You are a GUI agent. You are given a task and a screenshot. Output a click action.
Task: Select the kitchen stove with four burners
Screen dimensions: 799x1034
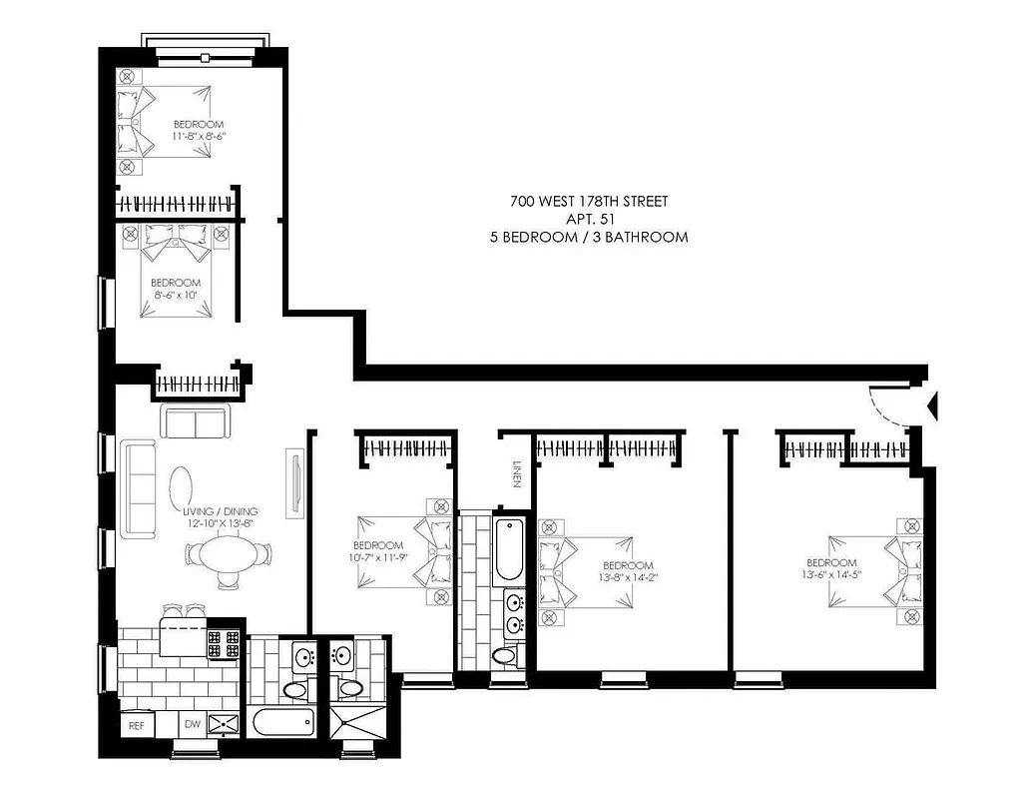point(224,643)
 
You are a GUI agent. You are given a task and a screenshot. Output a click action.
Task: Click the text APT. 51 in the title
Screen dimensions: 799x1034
point(588,219)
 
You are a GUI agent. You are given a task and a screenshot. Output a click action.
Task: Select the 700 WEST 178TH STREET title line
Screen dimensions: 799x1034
point(588,201)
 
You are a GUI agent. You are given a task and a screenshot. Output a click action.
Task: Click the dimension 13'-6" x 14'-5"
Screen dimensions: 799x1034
point(831,575)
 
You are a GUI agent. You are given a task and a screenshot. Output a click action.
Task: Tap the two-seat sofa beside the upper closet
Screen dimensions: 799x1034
point(195,422)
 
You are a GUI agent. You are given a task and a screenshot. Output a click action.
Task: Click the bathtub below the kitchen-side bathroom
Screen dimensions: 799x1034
point(281,722)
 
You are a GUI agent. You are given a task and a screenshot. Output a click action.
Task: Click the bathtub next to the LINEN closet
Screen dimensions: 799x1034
point(508,551)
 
